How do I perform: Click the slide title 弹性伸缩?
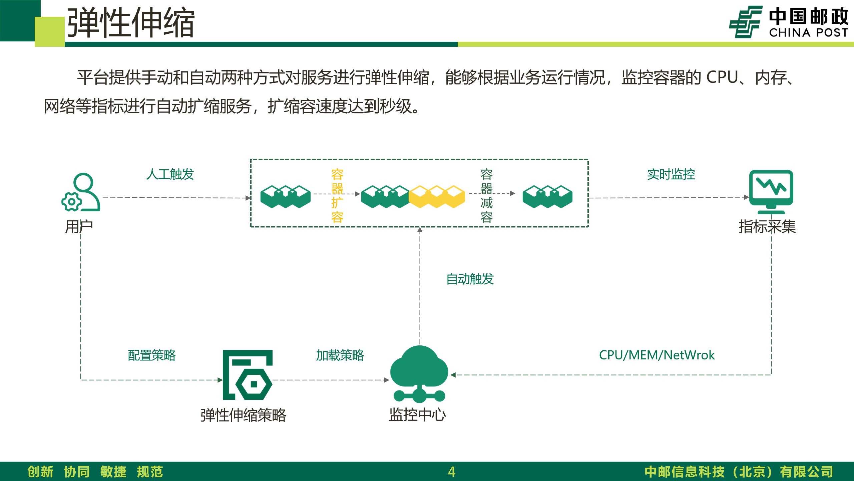pyautogui.click(x=131, y=23)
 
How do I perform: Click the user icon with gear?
pyautogui.click(x=81, y=192)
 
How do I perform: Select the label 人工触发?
pyautogui.click(x=170, y=174)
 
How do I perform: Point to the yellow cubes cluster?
pyautogui.click(x=437, y=196)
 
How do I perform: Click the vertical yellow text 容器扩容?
pyautogui.click(x=337, y=196)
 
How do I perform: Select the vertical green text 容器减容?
pyautogui.click(x=486, y=196)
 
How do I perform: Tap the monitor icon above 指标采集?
pyautogui.click(x=771, y=192)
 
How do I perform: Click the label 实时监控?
pyautogui.click(x=671, y=174)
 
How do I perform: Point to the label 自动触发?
pyautogui.click(x=470, y=279)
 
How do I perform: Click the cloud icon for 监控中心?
pyautogui.click(x=419, y=374)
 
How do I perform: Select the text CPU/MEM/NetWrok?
pyautogui.click(x=657, y=355)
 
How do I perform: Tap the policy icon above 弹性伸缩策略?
pyautogui.click(x=248, y=375)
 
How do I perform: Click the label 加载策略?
pyautogui.click(x=340, y=355)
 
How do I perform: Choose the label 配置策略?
pyautogui.click(x=152, y=355)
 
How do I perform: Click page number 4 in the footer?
pyautogui.click(x=452, y=472)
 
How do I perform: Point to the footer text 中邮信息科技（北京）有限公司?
pyautogui.click(x=739, y=472)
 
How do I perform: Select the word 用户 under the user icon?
pyautogui.click(x=79, y=227)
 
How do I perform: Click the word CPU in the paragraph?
pyautogui.click(x=722, y=77)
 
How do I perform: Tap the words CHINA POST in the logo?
pyautogui.click(x=809, y=33)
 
